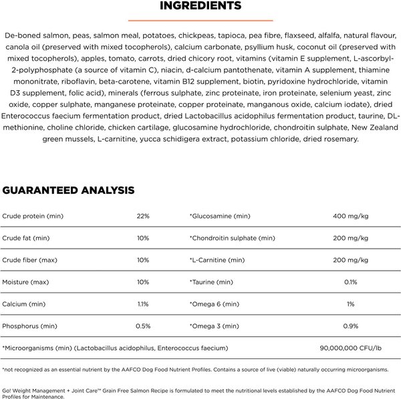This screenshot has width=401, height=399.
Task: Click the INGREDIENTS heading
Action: click(200, 7)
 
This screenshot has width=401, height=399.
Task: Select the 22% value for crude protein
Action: click(142, 216)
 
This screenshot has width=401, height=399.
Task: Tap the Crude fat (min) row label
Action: click(26, 238)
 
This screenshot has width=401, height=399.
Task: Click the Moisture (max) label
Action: click(27, 281)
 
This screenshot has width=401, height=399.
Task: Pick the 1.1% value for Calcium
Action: click(142, 303)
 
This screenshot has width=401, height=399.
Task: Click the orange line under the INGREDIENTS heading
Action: click(200, 21)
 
